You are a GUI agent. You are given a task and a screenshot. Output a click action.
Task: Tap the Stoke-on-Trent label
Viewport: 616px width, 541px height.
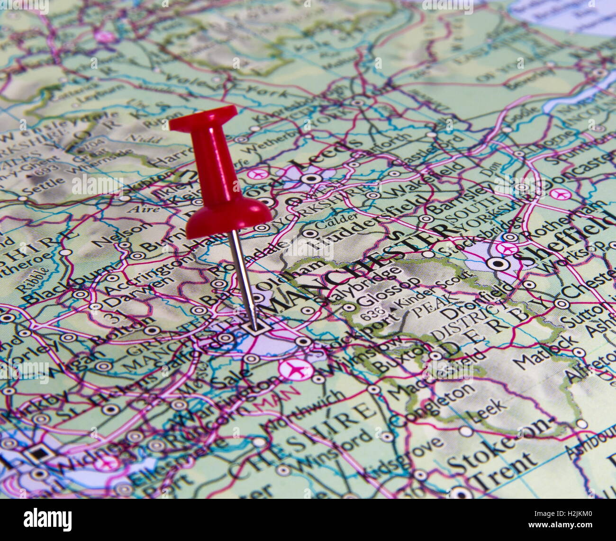pos(498,450)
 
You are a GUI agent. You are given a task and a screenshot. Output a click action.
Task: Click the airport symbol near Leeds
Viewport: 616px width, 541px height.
pos(258,174)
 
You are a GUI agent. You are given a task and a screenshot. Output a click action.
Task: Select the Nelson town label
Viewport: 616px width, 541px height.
pos(120,234)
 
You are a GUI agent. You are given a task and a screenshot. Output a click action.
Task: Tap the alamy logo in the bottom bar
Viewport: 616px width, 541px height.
pos(47,519)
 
